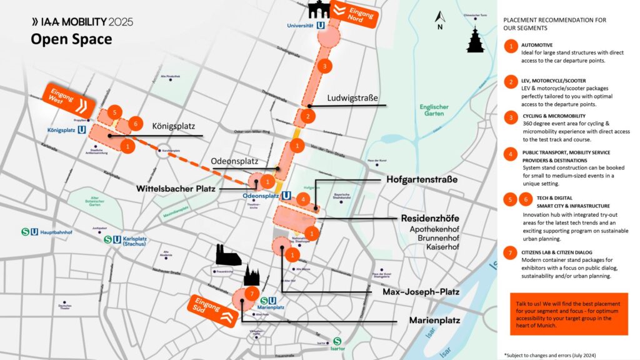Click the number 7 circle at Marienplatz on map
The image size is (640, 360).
point(250,294)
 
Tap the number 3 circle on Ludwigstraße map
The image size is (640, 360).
point(323,66)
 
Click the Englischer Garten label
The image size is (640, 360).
point(434,110)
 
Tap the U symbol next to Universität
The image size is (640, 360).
point(320,25)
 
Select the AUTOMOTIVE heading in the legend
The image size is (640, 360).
point(537,45)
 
